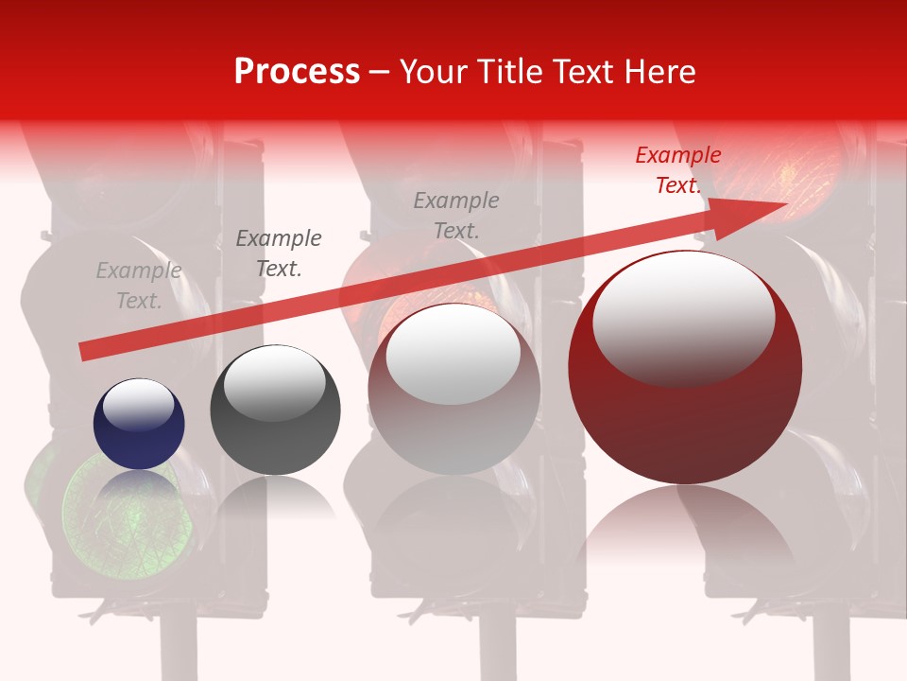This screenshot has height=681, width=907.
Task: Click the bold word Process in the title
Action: (x=297, y=72)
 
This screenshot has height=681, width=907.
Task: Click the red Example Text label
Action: (x=678, y=170)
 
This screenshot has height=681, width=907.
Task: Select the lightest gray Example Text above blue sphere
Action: (x=139, y=285)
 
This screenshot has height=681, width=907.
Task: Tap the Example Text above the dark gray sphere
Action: (x=278, y=253)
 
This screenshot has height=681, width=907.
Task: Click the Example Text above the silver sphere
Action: (x=456, y=215)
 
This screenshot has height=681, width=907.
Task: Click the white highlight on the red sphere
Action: (x=683, y=317)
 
